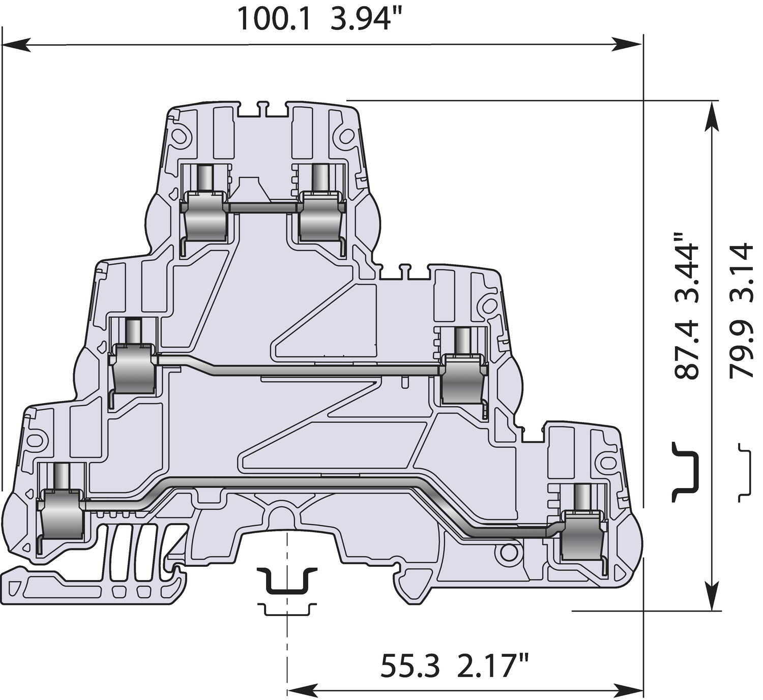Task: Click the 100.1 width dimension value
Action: (x=273, y=19)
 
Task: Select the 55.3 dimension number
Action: (x=410, y=666)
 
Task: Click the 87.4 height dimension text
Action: (x=687, y=350)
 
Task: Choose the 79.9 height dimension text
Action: (x=741, y=350)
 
